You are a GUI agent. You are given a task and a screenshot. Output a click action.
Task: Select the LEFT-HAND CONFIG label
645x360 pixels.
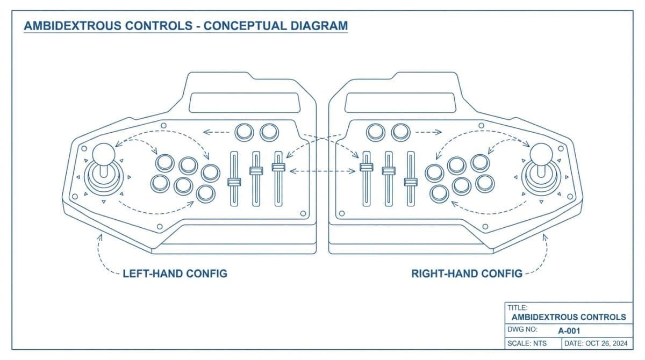(x=175, y=273)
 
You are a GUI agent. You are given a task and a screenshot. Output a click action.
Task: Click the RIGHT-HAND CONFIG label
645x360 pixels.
(x=467, y=273)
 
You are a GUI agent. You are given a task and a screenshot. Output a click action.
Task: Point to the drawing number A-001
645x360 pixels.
(x=569, y=330)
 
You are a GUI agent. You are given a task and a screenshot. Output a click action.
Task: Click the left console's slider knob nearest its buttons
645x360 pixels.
(x=234, y=182)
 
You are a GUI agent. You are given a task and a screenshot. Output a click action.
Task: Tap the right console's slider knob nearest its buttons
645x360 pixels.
(x=411, y=182)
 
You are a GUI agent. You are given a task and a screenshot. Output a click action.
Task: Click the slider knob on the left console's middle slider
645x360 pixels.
(x=256, y=171)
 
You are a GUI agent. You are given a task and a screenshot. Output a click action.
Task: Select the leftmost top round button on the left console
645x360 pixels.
(x=245, y=131)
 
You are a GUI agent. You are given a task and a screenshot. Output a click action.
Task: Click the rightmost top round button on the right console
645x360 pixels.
(x=400, y=131)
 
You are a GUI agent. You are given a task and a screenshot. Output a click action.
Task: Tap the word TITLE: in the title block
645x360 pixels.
(x=518, y=308)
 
